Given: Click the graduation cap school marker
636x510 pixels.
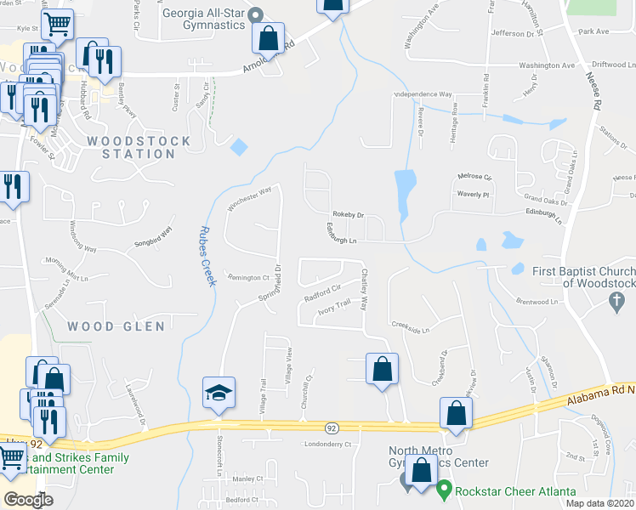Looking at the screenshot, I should pos(217,394).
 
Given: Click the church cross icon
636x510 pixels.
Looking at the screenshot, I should pos(618,299).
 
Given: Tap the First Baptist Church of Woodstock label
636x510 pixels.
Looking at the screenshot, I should pos(583,277).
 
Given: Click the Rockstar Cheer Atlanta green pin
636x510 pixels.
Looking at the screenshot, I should pos(443,490).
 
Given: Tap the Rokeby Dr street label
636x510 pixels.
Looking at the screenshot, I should pos(348,215).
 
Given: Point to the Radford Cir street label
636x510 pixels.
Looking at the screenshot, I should pos(323,292).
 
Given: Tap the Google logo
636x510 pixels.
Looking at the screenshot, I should pos(28,500).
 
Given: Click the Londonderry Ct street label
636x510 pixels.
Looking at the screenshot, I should pos(326,445).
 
